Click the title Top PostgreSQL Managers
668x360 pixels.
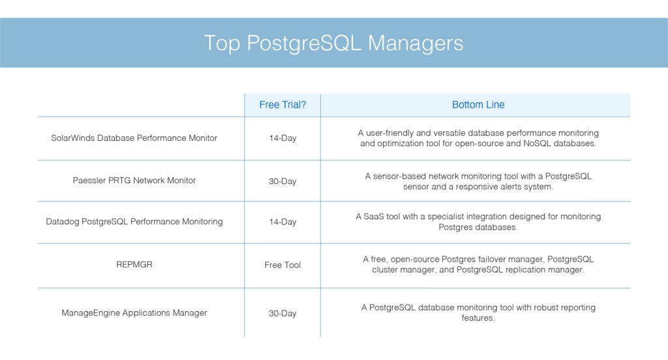click(x=333, y=44)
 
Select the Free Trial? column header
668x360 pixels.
click(x=282, y=105)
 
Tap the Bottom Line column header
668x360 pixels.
click(x=478, y=105)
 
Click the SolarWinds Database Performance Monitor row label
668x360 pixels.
click(x=134, y=138)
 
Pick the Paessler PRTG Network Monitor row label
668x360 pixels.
click(x=134, y=180)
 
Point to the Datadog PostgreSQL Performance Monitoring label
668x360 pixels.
click(x=134, y=222)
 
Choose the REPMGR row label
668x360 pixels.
click(x=134, y=264)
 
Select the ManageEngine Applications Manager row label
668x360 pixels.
click(x=134, y=312)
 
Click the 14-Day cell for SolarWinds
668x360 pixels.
click(x=282, y=138)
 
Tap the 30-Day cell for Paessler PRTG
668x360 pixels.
click(x=282, y=181)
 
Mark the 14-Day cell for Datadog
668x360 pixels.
click(x=282, y=222)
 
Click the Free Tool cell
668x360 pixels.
click(x=282, y=265)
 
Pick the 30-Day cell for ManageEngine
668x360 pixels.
click(x=282, y=313)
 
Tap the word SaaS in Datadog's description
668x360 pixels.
click(x=374, y=217)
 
